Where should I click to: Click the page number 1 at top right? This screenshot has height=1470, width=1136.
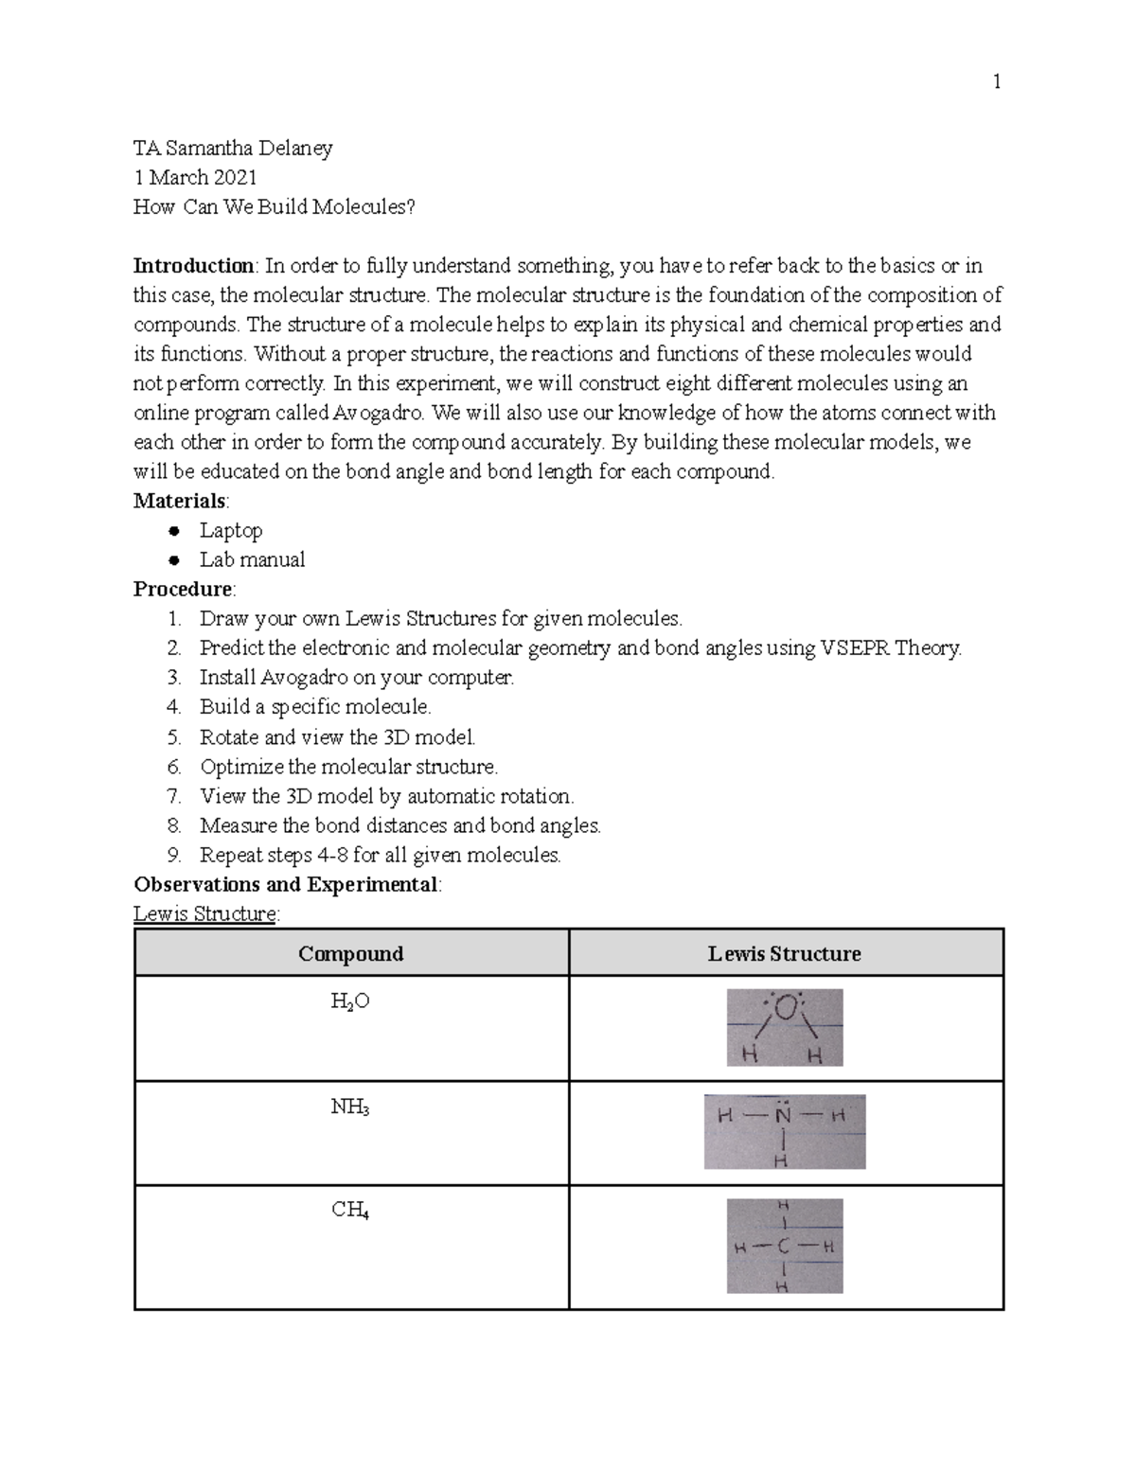[x=996, y=82]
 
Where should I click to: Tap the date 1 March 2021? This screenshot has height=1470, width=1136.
[x=195, y=177]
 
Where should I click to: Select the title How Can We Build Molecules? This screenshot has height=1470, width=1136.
[x=274, y=206]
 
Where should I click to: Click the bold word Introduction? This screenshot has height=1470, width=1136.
[x=193, y=265]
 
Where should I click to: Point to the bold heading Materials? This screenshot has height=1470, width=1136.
[x=180, y=501]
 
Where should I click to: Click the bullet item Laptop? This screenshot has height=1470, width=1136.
[x=230, y=530]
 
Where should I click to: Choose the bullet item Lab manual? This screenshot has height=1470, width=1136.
[x=252, y=559]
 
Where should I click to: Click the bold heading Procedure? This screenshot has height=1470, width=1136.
[x=183, y=589]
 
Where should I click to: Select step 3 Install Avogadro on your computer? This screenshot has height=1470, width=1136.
[x=356, y=678]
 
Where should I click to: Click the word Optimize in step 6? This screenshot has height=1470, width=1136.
[x=241, y=767]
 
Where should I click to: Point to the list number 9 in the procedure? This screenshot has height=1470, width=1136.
[x=173, y=855]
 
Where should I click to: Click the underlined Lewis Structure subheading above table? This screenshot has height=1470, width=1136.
[x=206, y=914]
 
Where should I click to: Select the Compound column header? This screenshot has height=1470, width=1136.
[x=351, y=953]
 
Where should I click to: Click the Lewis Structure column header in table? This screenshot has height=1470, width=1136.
[x=785, y=953]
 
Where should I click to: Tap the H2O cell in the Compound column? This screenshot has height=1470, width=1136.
[x=350, y=1001]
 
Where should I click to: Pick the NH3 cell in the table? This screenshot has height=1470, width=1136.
[x=350, y=1106]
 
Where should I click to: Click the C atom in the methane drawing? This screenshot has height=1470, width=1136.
[x=783, y=1247]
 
